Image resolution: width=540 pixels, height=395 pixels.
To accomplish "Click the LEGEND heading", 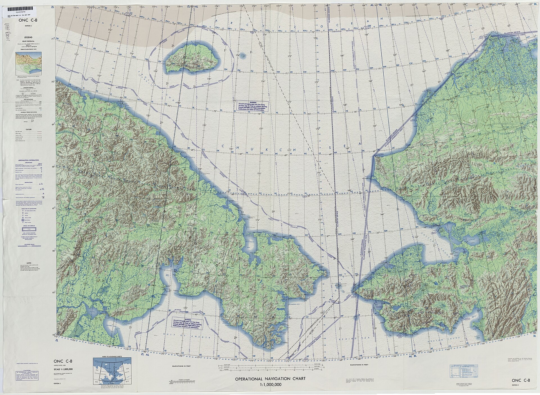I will [x=28, y=37].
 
